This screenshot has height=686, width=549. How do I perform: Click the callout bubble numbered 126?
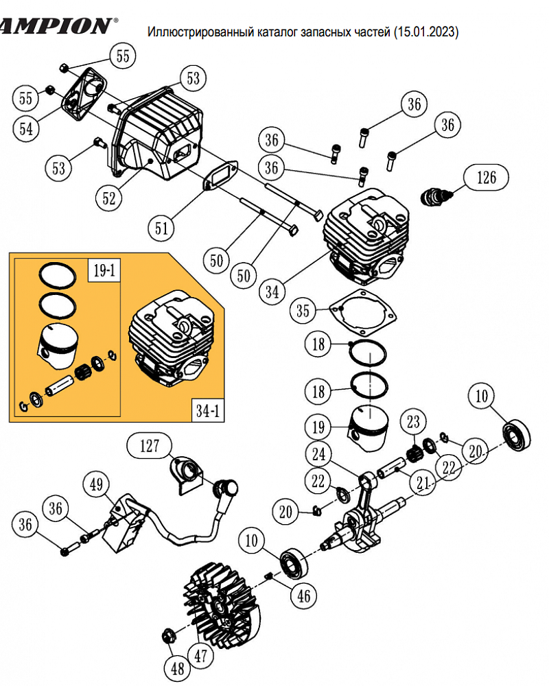(487, 178)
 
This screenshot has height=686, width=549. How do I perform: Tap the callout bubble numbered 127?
(150, 446)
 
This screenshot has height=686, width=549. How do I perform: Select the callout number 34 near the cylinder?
(272, 290)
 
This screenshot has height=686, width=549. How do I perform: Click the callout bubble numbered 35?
(303, 310)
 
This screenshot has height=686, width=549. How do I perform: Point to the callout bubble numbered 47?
(200, 656)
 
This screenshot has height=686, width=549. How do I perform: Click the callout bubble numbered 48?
(178, 667)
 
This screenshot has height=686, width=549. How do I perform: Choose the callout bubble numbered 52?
(110, 198)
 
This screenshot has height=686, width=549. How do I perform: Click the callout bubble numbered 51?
(161, 226)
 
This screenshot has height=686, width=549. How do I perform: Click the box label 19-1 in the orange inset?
(102, 271)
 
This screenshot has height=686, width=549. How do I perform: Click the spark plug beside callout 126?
(435, 195)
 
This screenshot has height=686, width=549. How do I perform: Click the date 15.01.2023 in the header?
(426, 32)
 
